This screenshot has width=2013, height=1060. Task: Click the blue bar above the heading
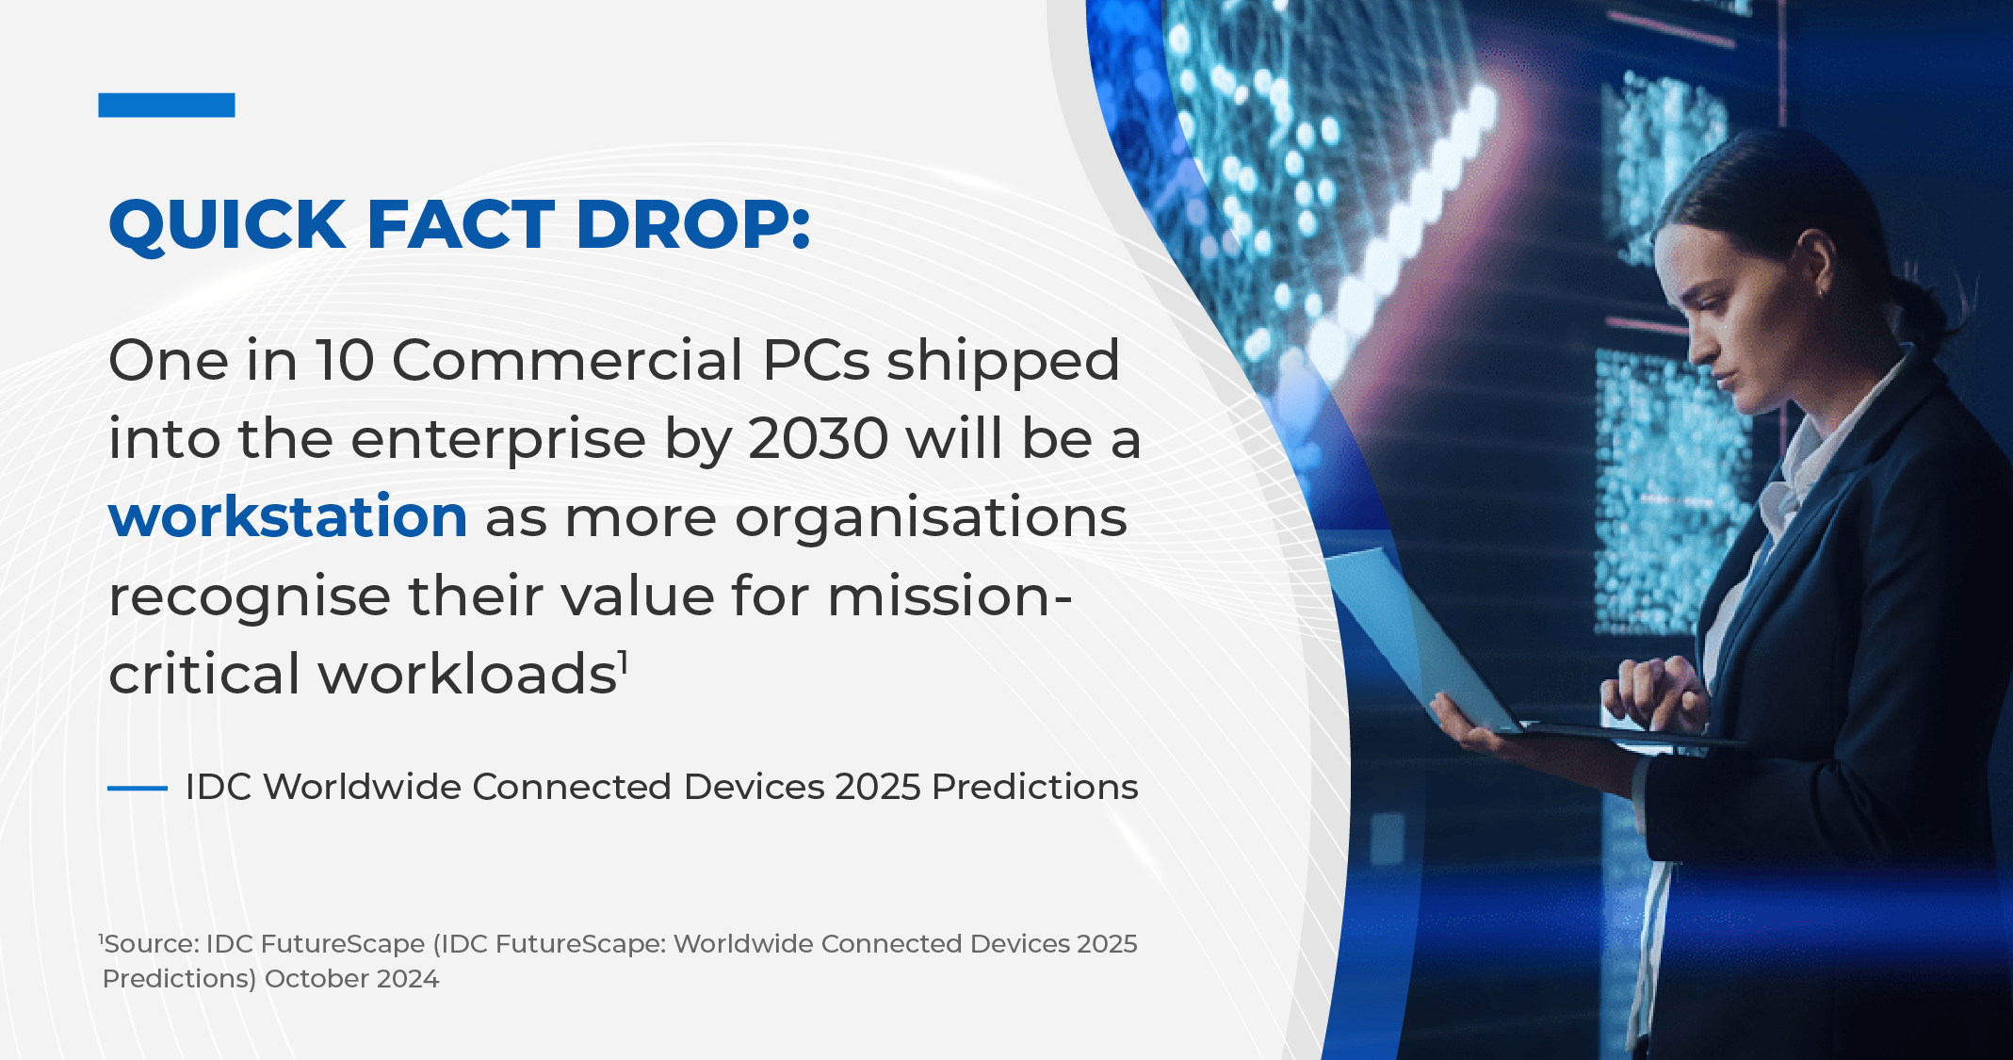167,105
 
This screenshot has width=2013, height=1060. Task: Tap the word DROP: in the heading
692,225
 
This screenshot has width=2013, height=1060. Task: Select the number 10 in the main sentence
345,361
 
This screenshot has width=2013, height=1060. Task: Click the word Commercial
568,361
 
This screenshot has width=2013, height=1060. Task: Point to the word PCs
816,361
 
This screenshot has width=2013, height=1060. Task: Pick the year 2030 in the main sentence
818,439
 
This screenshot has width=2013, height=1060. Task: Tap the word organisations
931,517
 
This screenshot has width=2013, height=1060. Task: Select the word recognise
250,597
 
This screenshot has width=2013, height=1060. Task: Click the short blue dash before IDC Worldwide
138,788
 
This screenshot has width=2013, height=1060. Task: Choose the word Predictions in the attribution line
1035,787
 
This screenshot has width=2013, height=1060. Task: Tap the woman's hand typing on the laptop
1653,693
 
